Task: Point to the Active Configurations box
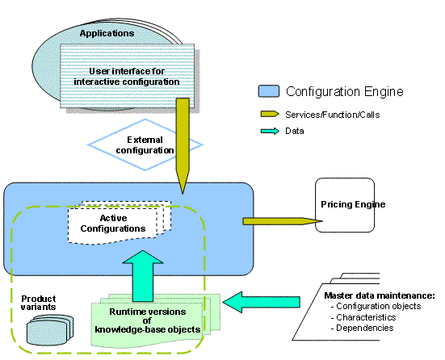pos(117,224)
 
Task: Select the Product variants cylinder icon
pos(44,329)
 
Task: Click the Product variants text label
pos(38,304)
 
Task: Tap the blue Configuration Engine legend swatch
pos(268,92)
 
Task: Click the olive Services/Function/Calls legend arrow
pos(268,114)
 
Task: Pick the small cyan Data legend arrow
pos(268,131)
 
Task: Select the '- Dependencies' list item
pos(363,329)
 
